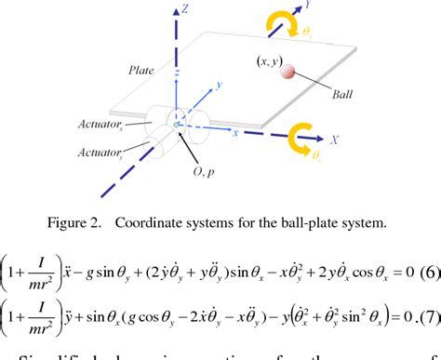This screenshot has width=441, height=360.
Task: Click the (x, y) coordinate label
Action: point(269,60)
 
